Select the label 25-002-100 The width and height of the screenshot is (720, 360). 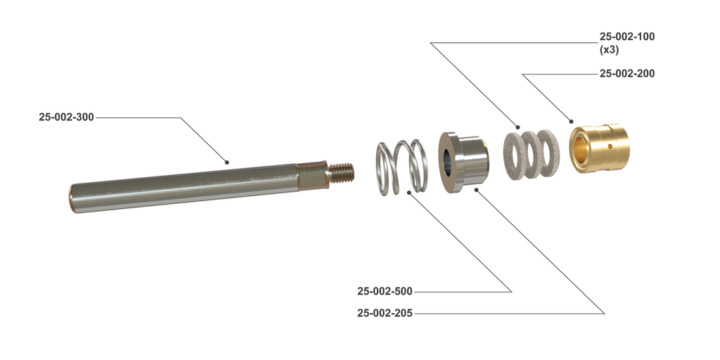[626, 37]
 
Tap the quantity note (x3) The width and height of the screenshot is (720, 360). [609, 50]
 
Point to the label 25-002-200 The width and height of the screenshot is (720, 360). [626, 73]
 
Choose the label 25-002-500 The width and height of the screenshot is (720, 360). [385, 291]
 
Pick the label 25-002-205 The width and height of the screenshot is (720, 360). [385, 313]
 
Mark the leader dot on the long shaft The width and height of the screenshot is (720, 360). [227, 162]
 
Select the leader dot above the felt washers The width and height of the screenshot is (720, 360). [519, 128]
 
